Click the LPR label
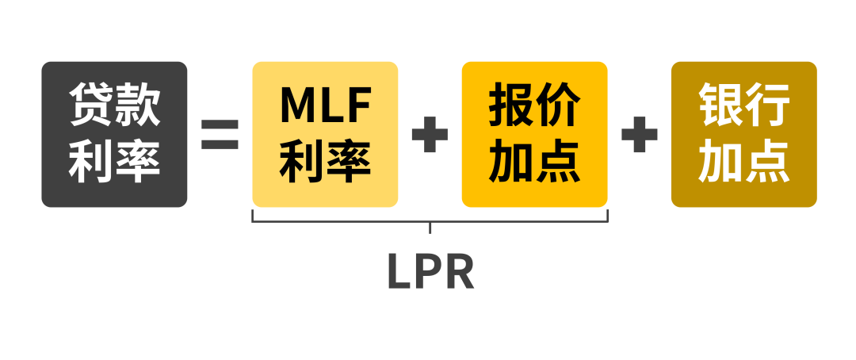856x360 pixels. pyautogui.click(x=431, y=272)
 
